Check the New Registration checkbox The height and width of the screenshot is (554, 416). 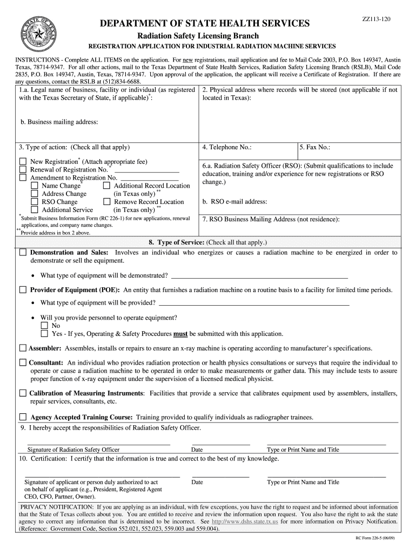point(23,162)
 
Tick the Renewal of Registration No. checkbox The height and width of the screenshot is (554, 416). point(23,170)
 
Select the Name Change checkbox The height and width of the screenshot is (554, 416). point(35,186)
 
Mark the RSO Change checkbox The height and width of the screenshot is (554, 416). point(35,202)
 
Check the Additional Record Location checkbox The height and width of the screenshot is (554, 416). point(106,186)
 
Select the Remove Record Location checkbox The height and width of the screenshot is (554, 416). point(106,202)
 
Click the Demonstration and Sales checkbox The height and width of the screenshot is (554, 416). point(23,253)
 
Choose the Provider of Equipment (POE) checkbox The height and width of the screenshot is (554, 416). point(23,291)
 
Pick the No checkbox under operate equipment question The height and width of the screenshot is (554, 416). point(44,326)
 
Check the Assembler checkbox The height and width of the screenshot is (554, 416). point(23,348)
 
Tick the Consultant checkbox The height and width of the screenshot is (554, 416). point(23,362)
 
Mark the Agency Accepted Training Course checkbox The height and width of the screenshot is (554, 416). point(23,417)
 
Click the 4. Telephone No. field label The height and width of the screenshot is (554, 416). point(226,147)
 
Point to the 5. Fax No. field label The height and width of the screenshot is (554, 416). point(316,147)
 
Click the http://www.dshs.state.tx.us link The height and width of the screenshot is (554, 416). point(245,522)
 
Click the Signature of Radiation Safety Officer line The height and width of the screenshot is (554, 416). point(98,444)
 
